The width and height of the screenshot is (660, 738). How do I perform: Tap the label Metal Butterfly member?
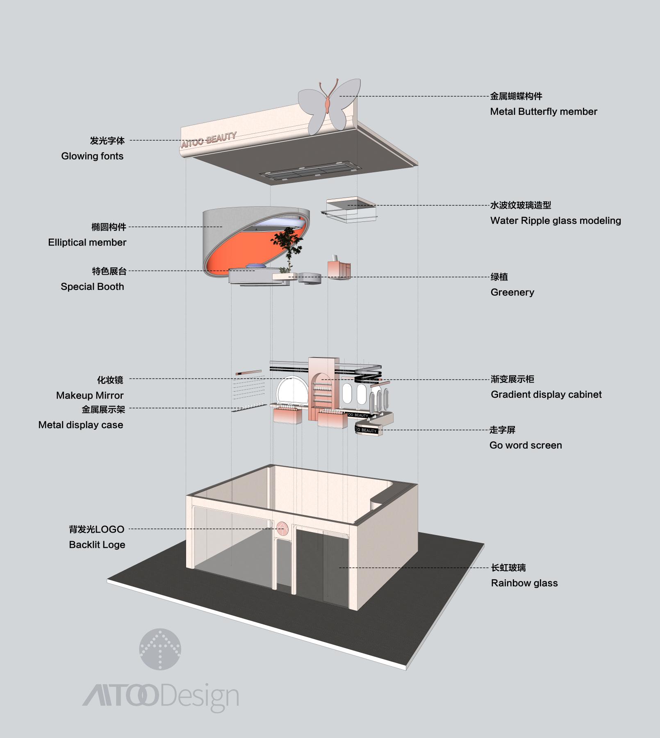pos(544,112)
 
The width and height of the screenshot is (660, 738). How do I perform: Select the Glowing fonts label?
pos(92,156)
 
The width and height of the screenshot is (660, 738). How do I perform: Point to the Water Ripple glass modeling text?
pos(555,221)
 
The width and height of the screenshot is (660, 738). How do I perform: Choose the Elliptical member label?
pos(87,242)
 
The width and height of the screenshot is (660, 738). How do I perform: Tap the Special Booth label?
pos(92,287)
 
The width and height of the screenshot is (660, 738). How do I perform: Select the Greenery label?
pos(512,292)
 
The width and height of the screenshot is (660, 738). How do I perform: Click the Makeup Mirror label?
pos(90,396)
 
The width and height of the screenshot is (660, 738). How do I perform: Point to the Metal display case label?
pos(81,425)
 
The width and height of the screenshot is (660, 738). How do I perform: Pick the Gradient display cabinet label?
pos(546,394)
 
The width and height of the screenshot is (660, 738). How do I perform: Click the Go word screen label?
pos(526,445)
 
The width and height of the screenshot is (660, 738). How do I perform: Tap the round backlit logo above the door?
pos(282,529)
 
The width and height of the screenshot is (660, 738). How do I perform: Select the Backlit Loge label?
pos(97,545)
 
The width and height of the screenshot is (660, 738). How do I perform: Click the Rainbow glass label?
pos(524,583)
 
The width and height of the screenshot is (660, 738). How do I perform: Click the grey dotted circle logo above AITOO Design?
pos(160,649)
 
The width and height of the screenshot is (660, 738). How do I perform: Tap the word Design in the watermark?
pos(200,697)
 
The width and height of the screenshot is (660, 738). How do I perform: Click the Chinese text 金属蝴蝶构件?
pos(516,96)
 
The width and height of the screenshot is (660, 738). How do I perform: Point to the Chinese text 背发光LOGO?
pos(97,529)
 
